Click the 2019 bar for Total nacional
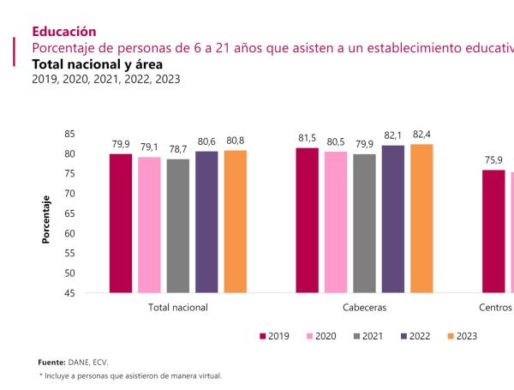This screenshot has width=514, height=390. coord(121,223)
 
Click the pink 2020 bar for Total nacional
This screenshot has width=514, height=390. coord(149,225)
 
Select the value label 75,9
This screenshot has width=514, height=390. coord(493,160)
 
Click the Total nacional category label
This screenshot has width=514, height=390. coord(178,307)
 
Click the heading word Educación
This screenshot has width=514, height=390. coord(64,31)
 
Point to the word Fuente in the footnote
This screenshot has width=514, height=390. coord(52,363)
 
